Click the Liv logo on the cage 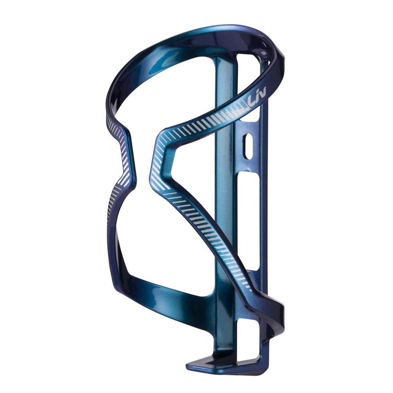pos(258,98)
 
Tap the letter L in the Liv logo pos(252,100)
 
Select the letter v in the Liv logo pos(263,97)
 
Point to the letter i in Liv pos(258,99)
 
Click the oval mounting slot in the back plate pos(248,147)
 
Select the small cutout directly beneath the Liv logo pos(250,116)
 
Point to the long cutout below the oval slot pos(249,217)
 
